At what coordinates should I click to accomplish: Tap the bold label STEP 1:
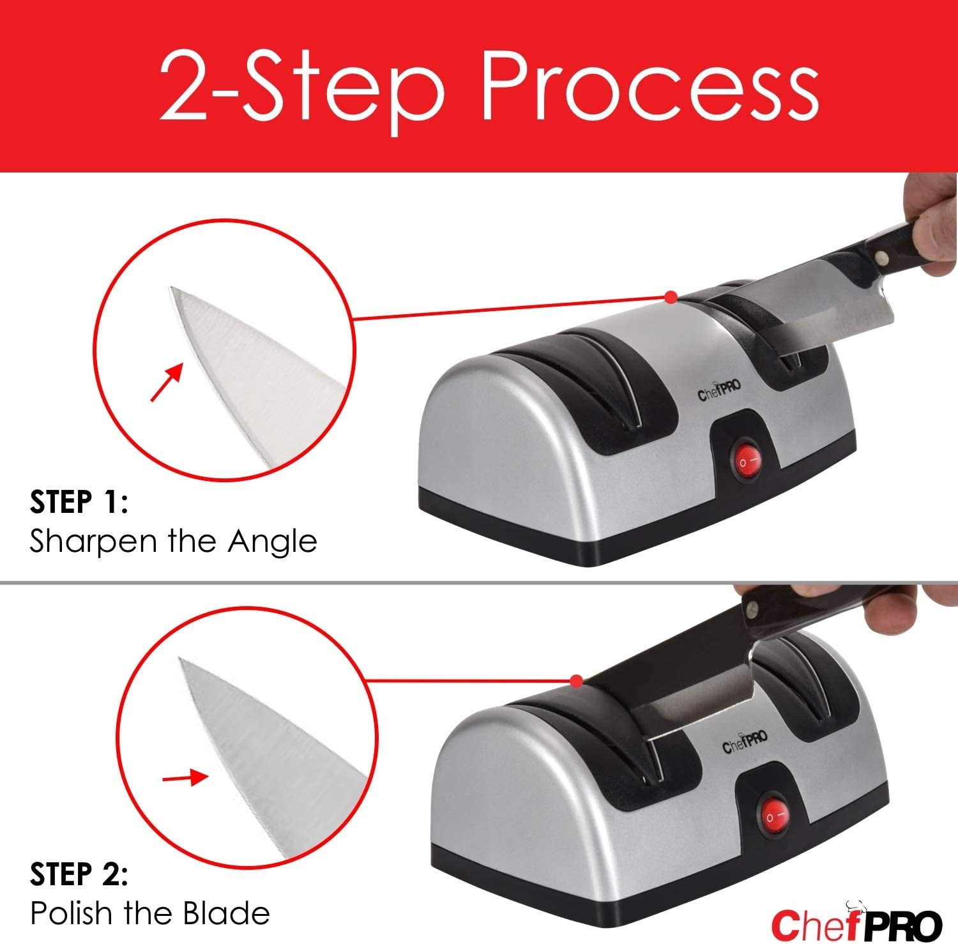[79, 502]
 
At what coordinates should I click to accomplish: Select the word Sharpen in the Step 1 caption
[93, 542]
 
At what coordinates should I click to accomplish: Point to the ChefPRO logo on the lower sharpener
[745, 745]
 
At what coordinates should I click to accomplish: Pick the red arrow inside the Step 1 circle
[166, 383]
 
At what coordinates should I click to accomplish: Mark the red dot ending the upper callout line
[670, 297]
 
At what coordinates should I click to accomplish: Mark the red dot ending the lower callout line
[577, 682]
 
